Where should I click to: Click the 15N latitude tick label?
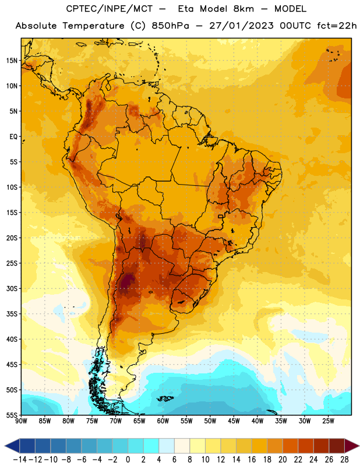point(12,61)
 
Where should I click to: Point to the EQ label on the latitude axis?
point(13,137)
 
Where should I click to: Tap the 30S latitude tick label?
point(12,288)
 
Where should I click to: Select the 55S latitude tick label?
point(12,415)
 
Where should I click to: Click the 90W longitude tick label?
point(21,421)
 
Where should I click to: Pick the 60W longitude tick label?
point(163,421)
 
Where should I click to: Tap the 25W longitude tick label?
point(328,421)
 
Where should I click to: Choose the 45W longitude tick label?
point(234,421)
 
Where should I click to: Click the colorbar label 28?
point(344,460)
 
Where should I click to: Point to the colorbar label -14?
point(20,460)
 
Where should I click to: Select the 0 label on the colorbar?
point(128,460)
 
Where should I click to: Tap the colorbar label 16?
point(252,460)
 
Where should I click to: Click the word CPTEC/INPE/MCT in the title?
point(109,9)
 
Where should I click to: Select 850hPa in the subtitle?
point(170,26)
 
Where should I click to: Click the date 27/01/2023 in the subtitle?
point(241,26)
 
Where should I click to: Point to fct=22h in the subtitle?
point(337,26)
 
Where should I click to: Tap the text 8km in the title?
point(243,9)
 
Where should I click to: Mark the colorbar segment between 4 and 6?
point(167,446)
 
